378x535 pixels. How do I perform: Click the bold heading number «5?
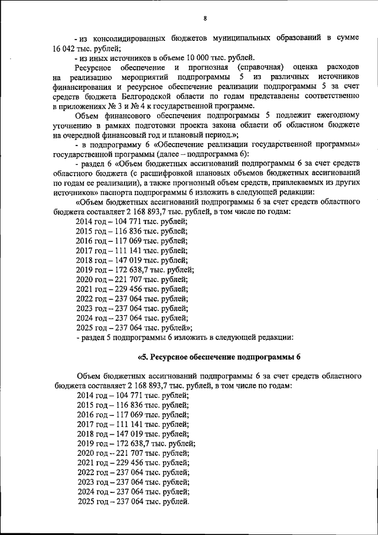(x=142, y=357)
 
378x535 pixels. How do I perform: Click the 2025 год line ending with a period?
(x=133, y=502)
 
